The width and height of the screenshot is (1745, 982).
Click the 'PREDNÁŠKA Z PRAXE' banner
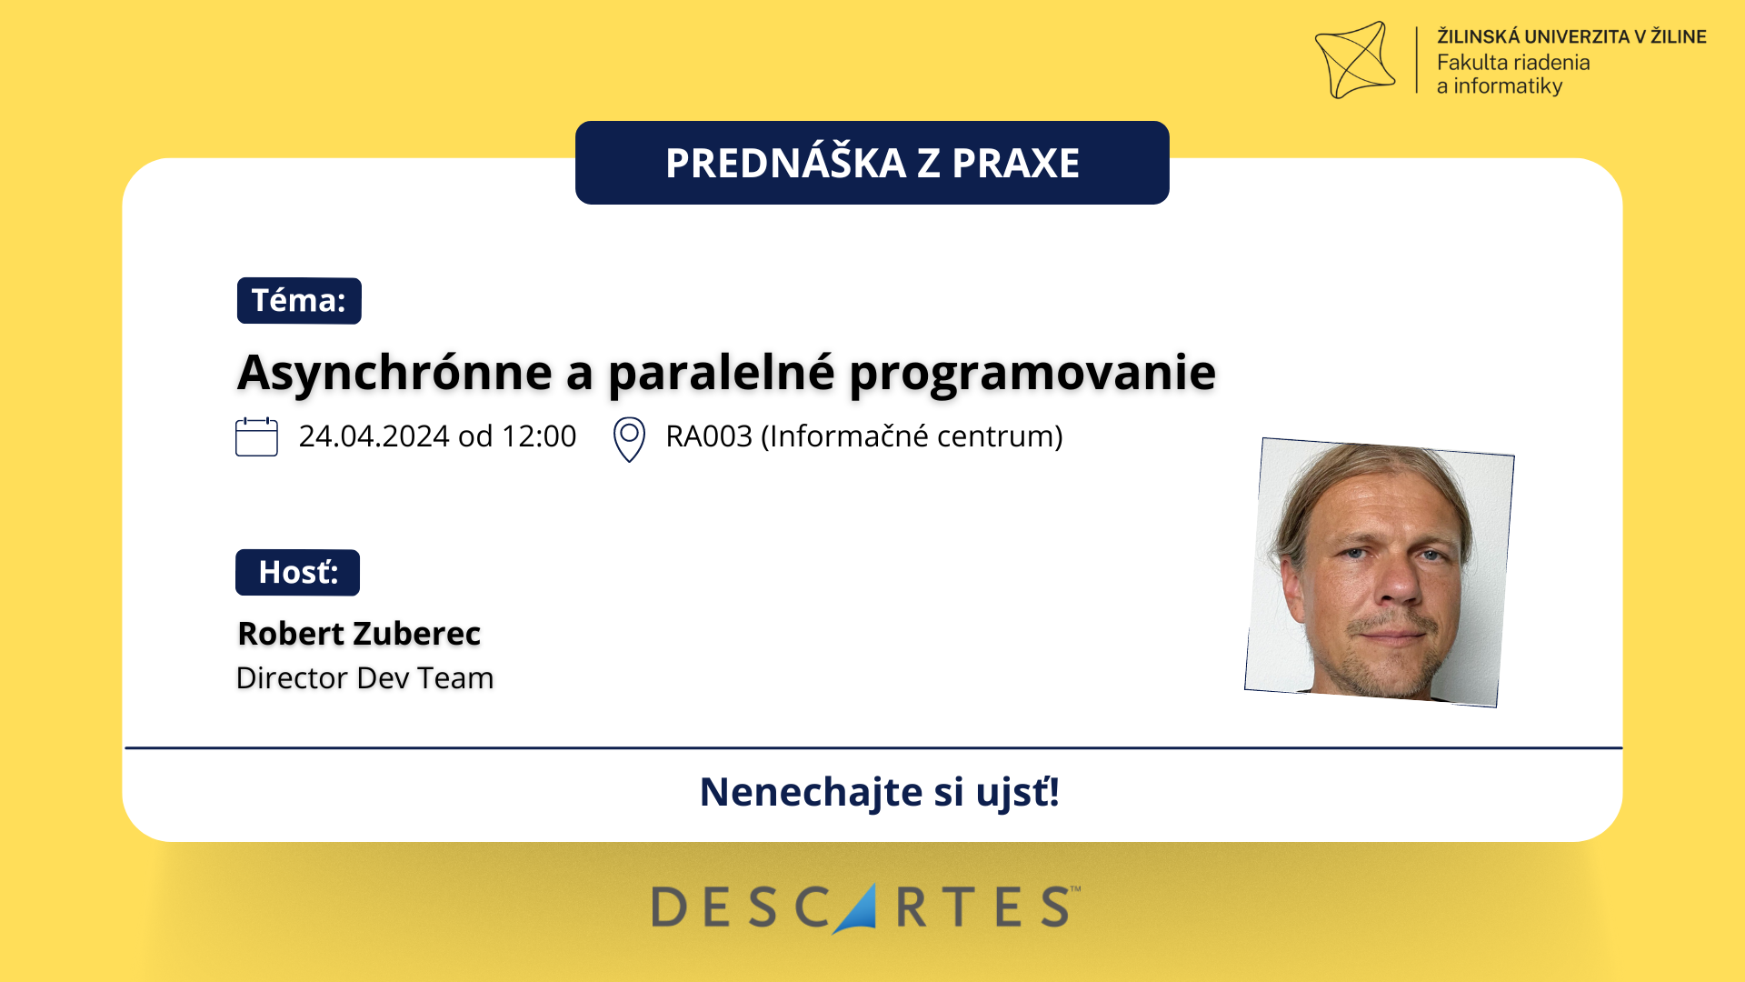click(872, 163)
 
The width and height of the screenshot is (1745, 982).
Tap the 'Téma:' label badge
click(299, 301)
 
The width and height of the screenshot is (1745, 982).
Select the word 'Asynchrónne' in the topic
click(395, 373)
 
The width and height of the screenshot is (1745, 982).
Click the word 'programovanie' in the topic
click(1032, 373)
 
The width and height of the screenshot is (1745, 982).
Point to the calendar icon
click(256, 436)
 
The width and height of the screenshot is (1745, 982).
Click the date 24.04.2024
click(374, 436)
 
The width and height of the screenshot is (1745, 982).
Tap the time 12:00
click(539, 436)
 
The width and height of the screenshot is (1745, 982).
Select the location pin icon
click(629, 439)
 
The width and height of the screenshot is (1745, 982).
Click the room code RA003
click(709, 436)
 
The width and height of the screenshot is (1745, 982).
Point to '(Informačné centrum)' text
click(912, 436)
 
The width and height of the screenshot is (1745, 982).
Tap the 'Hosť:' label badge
click(298, 573)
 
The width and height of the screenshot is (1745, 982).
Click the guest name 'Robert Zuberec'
click(359, 634)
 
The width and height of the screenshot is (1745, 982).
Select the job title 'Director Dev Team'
click(364, 678)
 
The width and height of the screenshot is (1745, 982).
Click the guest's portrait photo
click(1380, 573)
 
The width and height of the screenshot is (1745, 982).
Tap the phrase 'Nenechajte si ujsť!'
click(880, 792)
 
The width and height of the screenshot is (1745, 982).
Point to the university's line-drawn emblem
click(1355, 60)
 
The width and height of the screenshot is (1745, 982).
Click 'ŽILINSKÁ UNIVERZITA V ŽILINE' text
click(1571, 36)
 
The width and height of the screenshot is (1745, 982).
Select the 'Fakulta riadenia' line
click(1513, 63)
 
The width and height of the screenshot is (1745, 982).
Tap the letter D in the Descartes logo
click(669, 907)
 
